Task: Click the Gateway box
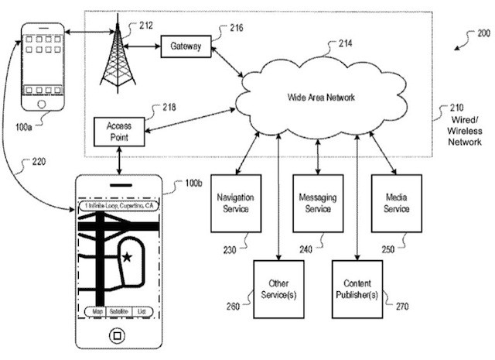coord(185,46)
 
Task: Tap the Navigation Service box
coord(234,204)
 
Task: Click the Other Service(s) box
coord(278,289)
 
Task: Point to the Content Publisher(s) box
coord(357,289)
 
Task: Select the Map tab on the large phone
coord(97,311)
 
